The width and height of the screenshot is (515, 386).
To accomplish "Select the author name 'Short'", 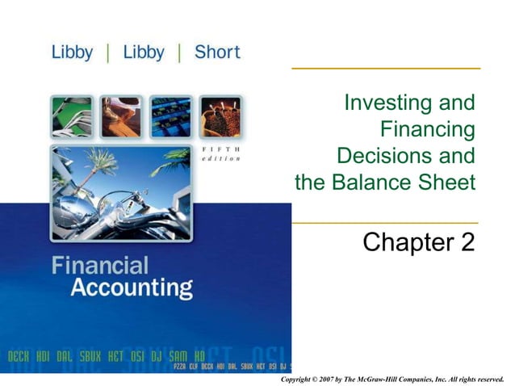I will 216,52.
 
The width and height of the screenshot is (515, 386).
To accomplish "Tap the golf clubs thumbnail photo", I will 71,117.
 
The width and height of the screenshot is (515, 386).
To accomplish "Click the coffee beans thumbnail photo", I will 219,117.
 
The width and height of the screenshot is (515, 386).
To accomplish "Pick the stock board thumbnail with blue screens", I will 170,117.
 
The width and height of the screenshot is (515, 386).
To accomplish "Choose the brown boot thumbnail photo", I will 121,117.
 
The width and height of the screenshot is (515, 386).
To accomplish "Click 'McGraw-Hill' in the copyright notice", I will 395,377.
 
